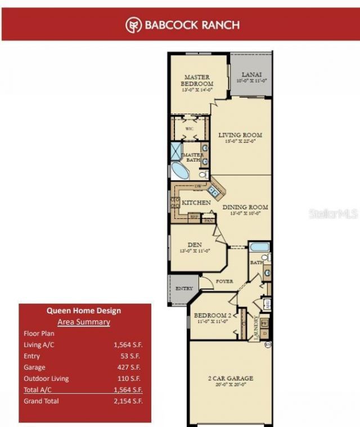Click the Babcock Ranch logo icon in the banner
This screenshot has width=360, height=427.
[133, 24]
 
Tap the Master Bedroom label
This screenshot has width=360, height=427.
[197, 80]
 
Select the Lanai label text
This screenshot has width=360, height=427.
[250, 74]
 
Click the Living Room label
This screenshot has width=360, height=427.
[240, 135]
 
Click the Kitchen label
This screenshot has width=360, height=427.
[197, 202]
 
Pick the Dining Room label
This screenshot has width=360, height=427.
[245, 207]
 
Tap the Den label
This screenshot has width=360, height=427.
[195, 245]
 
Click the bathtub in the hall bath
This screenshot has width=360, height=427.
[259, 246]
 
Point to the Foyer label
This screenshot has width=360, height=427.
[224, 281]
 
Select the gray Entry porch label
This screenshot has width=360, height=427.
[184, 289]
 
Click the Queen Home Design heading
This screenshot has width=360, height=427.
[83, 310]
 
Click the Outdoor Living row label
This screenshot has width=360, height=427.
[46, 379]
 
